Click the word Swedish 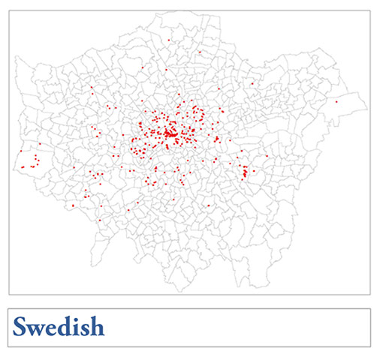[x=59, y=327]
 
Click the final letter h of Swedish [x=95, y=327]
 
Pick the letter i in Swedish [x=75, y=327]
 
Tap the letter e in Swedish [x=51, y=329]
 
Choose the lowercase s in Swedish [x=83, y=329]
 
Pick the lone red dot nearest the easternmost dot [x=252, y=83]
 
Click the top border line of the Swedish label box [x=188, y=308]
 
